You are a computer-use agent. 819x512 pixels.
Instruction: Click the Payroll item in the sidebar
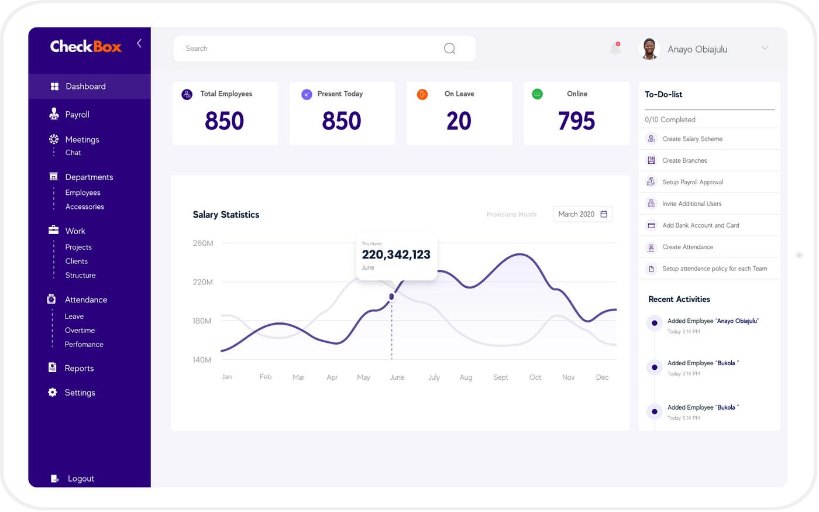click(x=77, y=115)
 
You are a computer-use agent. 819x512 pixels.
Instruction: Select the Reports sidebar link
click(x=78, y=369)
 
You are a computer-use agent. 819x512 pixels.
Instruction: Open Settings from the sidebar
click(x=79, y=393)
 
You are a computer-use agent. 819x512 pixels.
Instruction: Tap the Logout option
click(x=80, y=479)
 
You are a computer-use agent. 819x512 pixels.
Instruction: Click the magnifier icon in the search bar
click(x=449, y=49)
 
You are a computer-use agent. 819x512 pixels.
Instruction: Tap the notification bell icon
click(x=615, y=49)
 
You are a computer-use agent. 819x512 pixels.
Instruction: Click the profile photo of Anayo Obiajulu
click(x=649, y=49)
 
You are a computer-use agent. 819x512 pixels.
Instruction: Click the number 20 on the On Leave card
click(x=459, y=121)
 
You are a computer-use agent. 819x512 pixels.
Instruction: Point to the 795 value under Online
click(x=576, y=121)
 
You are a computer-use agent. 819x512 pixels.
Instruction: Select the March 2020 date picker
click(x=583, y=214)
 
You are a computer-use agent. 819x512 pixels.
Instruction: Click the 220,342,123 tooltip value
click(x=396, y=255)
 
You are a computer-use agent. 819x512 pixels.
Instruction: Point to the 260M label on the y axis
click(x=203, y=243)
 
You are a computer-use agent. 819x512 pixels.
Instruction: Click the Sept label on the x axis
click(x=501, y=377)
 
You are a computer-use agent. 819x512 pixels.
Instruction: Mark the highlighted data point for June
click(x=391, y=297)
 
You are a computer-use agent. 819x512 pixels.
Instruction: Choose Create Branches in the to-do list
click(x=684, y=160)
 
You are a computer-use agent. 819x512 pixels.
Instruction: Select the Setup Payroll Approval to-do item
click(x=693, y=182)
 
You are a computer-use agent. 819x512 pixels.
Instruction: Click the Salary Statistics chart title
click(x=226, y=215)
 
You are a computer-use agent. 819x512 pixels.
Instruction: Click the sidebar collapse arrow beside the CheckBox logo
click(x=139, y=43)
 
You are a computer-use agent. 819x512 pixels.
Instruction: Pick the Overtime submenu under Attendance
click(x=80, y=331)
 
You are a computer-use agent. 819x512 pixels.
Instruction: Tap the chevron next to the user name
click(x=765, y=48)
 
